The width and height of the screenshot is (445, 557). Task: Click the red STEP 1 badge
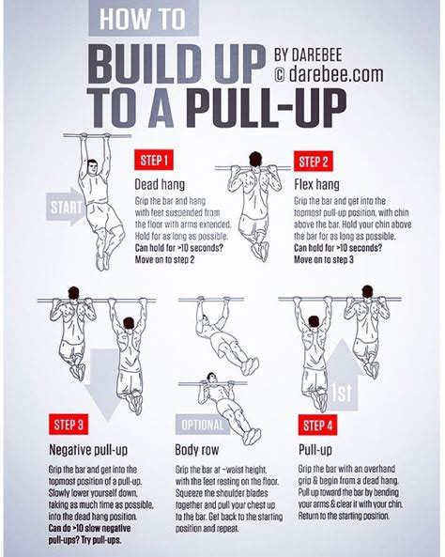pos(154,158)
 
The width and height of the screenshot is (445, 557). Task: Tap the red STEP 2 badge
pos(315,158)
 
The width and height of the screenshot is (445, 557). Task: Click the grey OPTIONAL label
pos(201,423)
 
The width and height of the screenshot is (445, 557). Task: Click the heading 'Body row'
pos(201,448)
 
